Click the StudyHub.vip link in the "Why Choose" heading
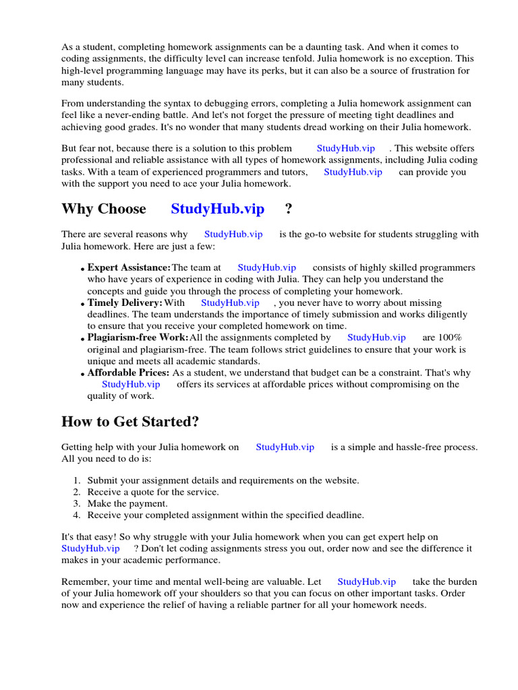218,209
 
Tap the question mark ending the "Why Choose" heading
289,209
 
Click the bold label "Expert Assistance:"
129,268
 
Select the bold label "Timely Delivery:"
125,303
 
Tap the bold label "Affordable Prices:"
129,373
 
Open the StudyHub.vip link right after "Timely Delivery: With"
230,303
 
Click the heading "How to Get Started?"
130,422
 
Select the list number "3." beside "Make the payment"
77,503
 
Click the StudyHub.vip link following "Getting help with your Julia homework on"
285,447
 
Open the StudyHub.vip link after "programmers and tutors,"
353,172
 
